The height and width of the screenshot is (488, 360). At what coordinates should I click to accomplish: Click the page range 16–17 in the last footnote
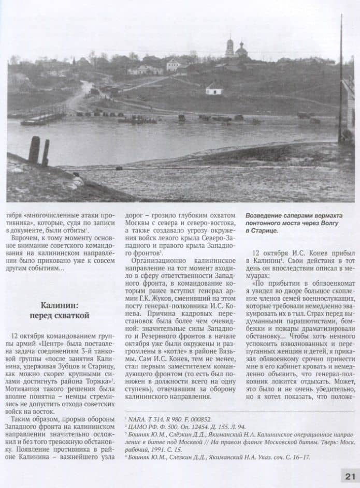pyautogui.click(x=301, y=457)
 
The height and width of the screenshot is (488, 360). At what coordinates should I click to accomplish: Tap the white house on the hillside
pyautogui.click(x=213, y=88)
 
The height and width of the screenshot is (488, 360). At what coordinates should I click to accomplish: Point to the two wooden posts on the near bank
pyautogui.click(x=39, y=151)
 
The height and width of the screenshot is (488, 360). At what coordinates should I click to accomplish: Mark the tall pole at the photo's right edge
pyautogui.click(x=341, y=78)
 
